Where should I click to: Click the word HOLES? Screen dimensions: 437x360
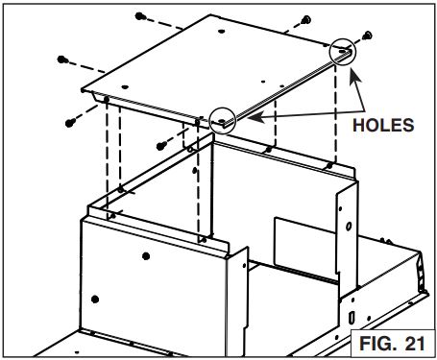click(x=383, y=125)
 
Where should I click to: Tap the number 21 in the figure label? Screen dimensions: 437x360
click(x=415, y=344)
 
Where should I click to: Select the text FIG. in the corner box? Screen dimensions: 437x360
click(x=378, y=344)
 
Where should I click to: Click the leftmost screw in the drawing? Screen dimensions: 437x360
click(x=61, y=60)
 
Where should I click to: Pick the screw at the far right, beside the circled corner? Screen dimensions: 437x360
click(x=368, y=35)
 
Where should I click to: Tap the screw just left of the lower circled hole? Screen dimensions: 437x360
click(x=161, y=146)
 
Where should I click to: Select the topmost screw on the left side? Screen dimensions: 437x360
click(x=140, y=16)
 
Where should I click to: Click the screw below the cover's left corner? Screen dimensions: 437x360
click(x=70, y=123)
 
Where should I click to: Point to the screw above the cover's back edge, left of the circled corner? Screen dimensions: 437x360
click(x=305, y=20)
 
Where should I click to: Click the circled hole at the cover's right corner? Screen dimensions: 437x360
click(x=343, y=51)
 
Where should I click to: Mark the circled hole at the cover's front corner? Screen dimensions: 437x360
click(x=221, y=121)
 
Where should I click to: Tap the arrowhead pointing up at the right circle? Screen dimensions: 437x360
click(x=355, y=77)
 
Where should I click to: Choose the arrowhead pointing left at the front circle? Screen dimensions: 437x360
click(x=255, y=117)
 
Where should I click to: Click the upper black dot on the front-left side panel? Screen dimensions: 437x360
click(x=146, y=256)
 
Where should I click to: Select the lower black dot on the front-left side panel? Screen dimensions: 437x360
click(x=95, y=300)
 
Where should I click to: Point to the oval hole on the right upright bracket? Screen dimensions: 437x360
click(x=349, y=227)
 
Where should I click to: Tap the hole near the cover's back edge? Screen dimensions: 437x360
click(x=221, y=32)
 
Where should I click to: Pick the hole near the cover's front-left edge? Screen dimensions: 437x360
click(x=125, y=87)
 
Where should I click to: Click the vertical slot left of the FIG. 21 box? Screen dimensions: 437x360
click(x=352, y=317)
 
